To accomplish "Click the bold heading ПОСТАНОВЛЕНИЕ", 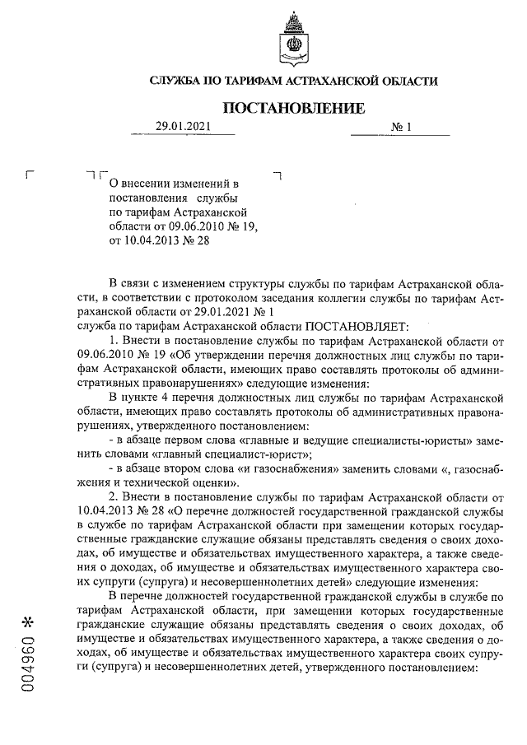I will tap(293, 108).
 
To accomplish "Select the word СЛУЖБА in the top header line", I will tap(178, 81).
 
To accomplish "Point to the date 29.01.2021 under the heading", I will tap(184, 127).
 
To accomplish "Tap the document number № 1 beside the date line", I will tap(401, 127).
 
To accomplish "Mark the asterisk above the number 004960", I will tap(28, 618).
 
